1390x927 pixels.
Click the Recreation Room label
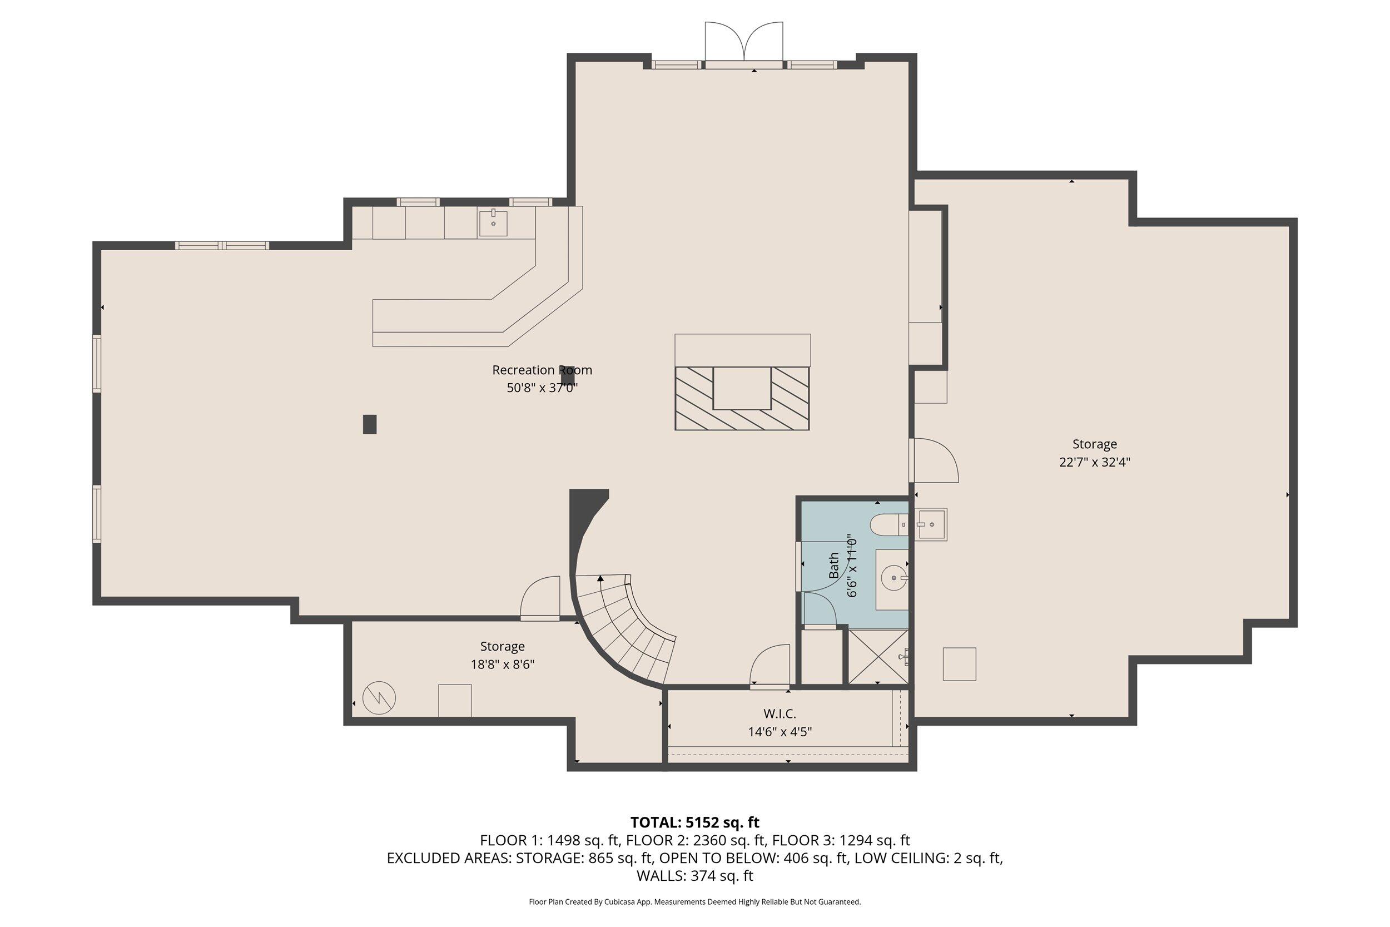542,370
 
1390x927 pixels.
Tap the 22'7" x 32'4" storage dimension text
1095,462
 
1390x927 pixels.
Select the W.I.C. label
780,714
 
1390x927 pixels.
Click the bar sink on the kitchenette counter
493,224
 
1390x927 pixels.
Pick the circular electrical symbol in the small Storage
379,698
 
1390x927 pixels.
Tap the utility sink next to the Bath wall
931,524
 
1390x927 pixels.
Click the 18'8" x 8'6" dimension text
502,665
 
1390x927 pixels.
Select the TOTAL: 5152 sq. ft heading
694,822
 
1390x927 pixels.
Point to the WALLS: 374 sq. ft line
694,876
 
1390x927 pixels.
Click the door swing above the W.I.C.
770,666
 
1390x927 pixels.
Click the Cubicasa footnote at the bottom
694,901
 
